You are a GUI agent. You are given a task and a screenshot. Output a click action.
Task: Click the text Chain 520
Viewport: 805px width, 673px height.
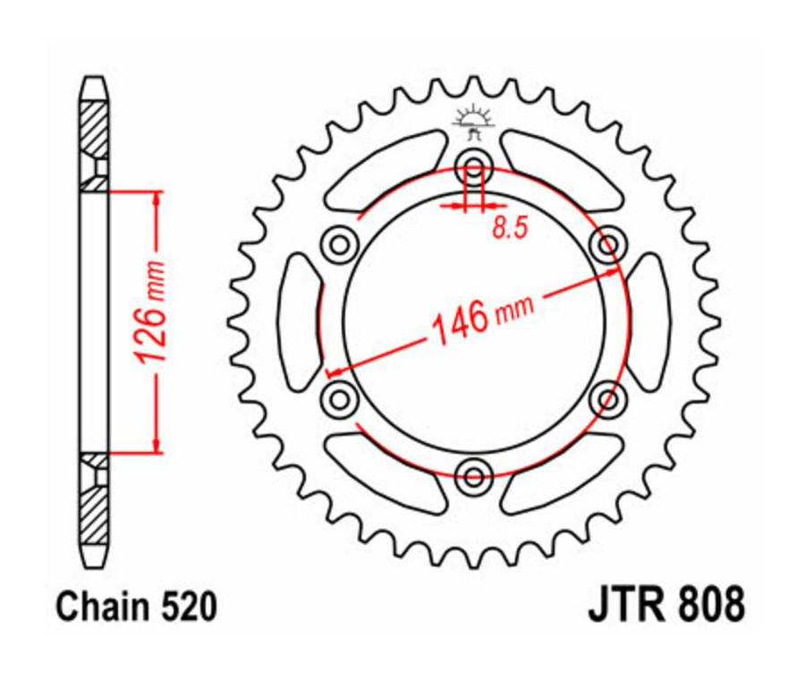pos(136,608)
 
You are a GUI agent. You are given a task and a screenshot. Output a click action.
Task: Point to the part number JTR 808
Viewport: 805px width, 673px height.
pos(665,606)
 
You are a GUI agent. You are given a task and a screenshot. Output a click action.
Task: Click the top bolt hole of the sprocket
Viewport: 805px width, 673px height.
pos(473,165)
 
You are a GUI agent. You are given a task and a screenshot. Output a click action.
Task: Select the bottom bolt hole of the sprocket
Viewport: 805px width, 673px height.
pos(473,471)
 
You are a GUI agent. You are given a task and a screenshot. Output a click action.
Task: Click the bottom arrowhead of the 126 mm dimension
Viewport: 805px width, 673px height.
pos(158,443)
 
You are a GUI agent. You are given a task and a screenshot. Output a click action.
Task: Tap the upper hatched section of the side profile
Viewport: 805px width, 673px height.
pos(94,130)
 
